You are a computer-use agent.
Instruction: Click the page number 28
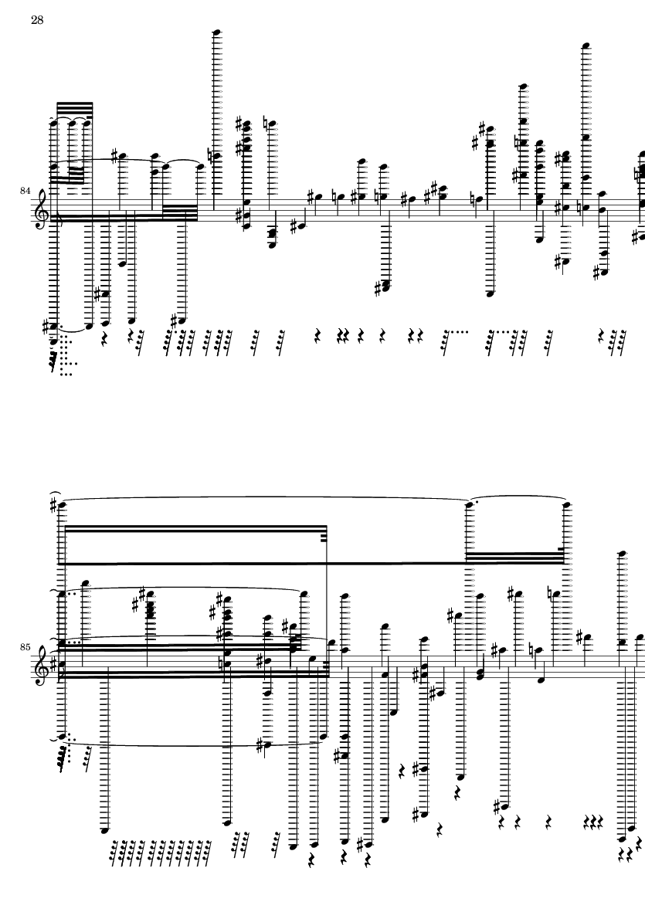pos(37,20)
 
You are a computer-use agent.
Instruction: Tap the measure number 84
pos(25,191)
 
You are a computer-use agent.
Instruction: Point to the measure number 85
pos(25,647)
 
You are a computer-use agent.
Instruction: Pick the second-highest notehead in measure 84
pos(586,46)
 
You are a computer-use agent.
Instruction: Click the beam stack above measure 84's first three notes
pos(74,110)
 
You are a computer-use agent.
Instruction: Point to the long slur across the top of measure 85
pos(267,498)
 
